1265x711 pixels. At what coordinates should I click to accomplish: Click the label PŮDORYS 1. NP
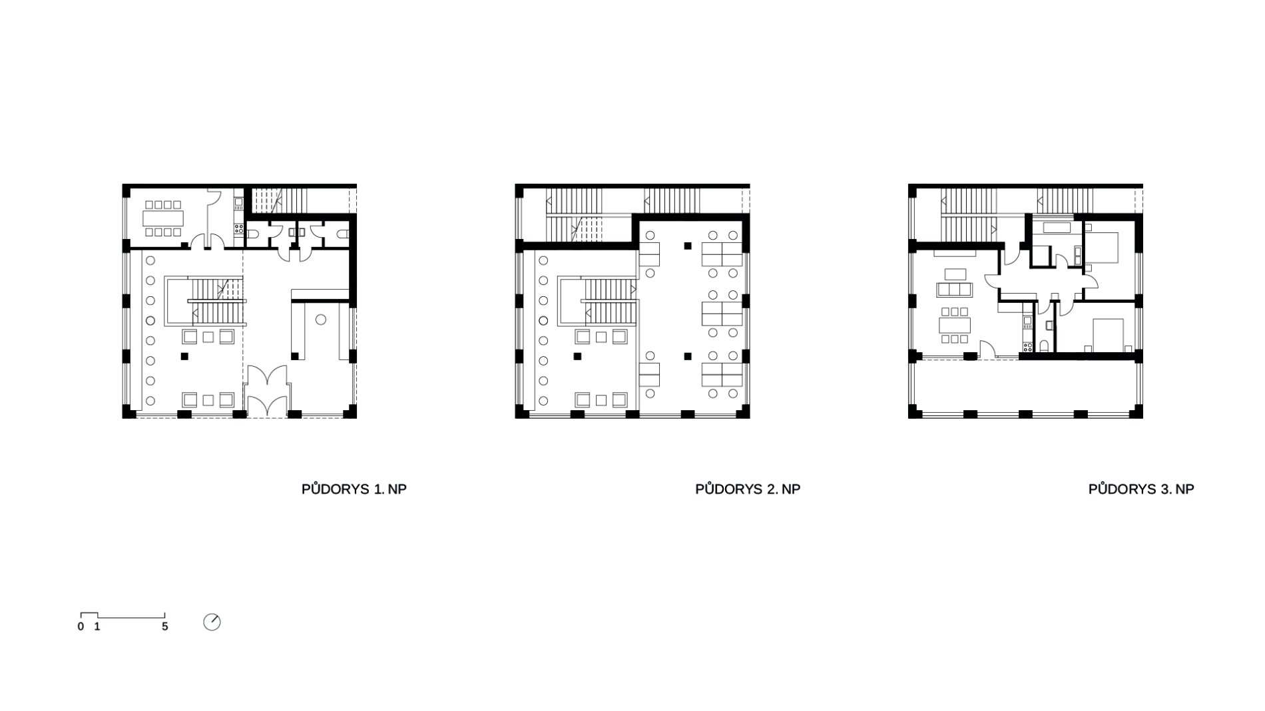[x=354, y=489]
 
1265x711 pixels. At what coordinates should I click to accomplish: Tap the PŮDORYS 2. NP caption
[x=748, y=489]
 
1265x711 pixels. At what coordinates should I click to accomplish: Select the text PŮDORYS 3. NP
[x=1141, y=489]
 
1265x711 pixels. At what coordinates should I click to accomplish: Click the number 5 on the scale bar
[x=165, y=627]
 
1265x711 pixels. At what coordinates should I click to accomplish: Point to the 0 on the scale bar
[x=81, y=627]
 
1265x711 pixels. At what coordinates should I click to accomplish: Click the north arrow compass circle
[x=212, y=622]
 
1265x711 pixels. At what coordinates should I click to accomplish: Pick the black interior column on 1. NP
[x=184, y=356]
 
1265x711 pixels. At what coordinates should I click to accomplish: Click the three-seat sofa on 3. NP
[x=955, y=289]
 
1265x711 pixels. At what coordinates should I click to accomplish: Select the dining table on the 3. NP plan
[x=955, y=325]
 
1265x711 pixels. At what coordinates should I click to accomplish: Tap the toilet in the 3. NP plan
[x=1045, y=346]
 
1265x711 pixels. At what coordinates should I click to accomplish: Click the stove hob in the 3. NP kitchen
[x=1027, y=346]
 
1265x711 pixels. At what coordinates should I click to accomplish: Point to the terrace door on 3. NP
[x=986, y=350]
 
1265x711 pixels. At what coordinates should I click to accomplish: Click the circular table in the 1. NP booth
[x=320, y=320]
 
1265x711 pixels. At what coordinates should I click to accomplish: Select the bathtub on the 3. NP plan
[x=1057, y=227]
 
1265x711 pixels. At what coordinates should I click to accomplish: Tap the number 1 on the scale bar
[x=97, y=627]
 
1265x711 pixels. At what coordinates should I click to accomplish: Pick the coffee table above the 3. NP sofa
[x=955, y=273]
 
